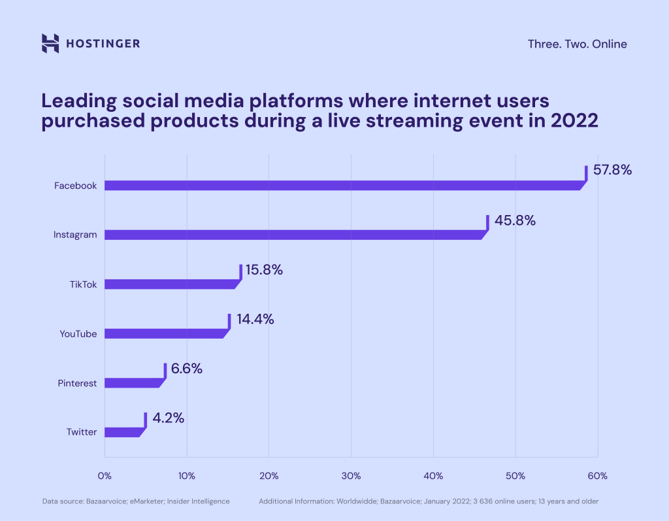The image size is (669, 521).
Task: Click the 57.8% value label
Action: [x=612, y=170]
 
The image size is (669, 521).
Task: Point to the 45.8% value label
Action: [x=515, y=220]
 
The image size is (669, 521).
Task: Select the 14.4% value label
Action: [x=255, y=320]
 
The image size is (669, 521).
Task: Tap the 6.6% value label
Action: [x=186, y=369]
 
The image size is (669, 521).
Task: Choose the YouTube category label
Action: [x=78, y=334]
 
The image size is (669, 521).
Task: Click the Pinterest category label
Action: [x=77, y=383]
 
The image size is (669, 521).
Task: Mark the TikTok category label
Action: [x=83, y=284]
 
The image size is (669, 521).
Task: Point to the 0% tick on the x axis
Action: [x=105, y=475]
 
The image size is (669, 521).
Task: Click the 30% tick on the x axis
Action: [x=351, y=475]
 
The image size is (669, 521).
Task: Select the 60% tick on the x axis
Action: [x=597, y=475]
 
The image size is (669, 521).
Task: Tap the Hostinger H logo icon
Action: [x=50, y=43]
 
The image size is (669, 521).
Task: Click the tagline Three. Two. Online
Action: [x=577, y=44]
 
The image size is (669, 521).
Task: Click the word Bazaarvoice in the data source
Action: [x=108, y=501]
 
